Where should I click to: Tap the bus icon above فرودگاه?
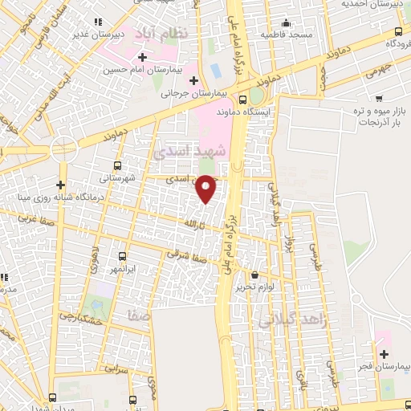tap(399, 31)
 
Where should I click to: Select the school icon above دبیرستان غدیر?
tap(98, 22)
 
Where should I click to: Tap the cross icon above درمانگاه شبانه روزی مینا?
tap(60, 185)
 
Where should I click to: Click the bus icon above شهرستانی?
tap(118, 165)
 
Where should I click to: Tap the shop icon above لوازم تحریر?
tap(255, 275)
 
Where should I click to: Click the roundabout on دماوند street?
tap(63, 150)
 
